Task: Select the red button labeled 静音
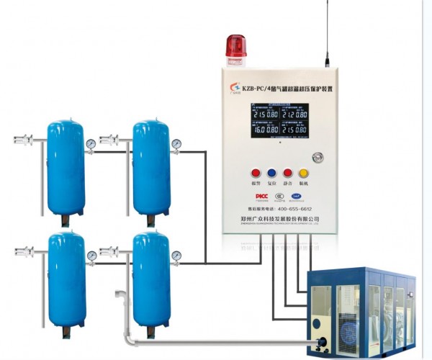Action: tap(287, 173)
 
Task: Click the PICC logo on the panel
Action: tap(262, 196)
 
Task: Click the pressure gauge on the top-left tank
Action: tap(91, 144)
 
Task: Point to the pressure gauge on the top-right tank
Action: tap(176, 144)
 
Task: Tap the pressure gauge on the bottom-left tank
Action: tap(91, 256)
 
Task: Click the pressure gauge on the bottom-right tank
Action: tap(176, 256)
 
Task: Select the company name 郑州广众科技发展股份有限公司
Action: tap(279, 218)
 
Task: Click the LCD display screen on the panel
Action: tap(279, 120)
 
